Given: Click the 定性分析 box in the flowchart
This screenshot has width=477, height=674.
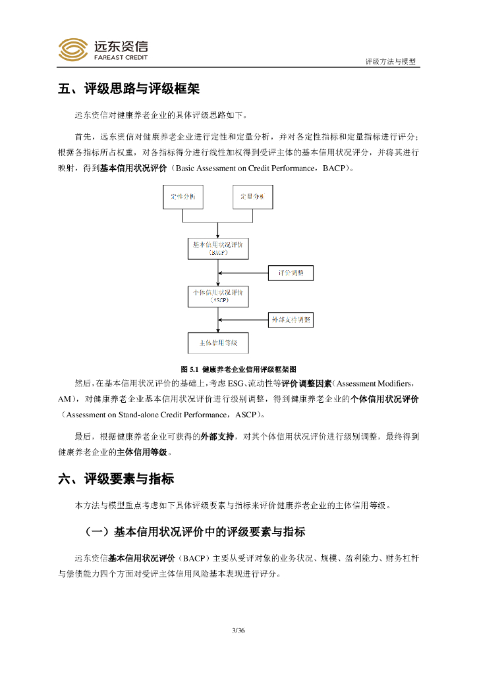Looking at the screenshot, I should (183, 197).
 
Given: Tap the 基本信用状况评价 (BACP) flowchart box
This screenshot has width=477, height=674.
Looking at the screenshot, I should (218, 247).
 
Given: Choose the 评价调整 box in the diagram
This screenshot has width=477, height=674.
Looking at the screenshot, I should (291, 272).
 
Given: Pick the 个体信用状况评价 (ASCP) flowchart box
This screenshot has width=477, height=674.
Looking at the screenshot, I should (218, 296).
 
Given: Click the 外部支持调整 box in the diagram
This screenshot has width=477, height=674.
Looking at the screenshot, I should (291, 321).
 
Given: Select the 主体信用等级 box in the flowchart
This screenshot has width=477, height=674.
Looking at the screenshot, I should (218, 343).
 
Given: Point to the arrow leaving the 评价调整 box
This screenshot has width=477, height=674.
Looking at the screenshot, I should (244, 272).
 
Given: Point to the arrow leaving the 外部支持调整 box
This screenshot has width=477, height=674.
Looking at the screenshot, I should (244, 321).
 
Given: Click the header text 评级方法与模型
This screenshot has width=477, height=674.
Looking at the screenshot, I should (391, 61).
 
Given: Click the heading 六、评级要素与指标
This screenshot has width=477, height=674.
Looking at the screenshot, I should (116, 479).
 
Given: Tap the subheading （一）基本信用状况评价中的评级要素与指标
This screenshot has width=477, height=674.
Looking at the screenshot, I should (195, 531).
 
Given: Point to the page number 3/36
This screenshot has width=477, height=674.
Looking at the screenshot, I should (238, 631).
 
